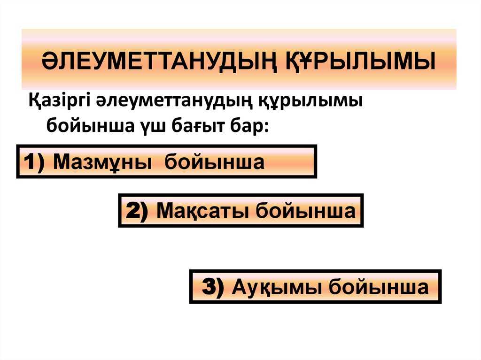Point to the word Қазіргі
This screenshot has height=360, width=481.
pyautogui.click(x=60, y=101)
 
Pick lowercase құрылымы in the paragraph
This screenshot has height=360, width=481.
pyautogui.click(x=310, y=101)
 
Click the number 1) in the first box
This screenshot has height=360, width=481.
pyautogui.click(x=35, y=162)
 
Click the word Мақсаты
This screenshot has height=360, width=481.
pyautogui.click(x=203, y=211)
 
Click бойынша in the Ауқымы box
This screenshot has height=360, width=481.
pyautogui.click(x=379, y=286)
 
